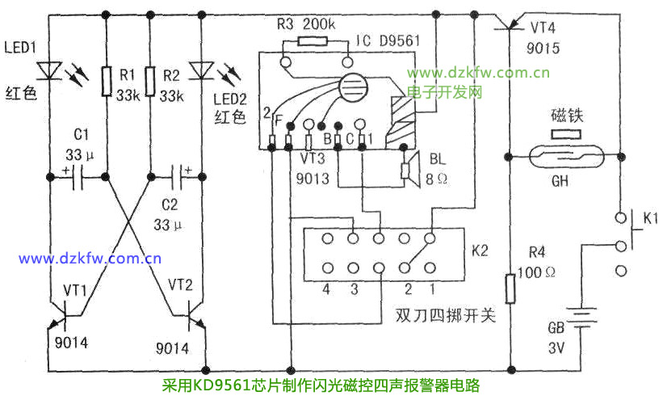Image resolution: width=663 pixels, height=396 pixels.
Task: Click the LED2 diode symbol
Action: tap(204, 72)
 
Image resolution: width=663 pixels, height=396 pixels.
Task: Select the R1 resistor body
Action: tap(107, 80)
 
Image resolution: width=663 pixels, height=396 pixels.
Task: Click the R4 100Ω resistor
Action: tap(510, 288)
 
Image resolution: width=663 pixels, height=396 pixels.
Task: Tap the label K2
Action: tap(480, 251)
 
